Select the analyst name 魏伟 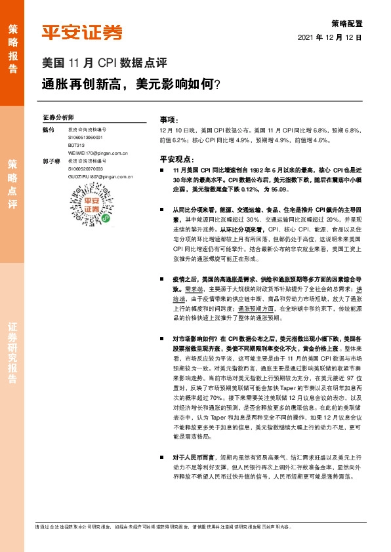(47, 130)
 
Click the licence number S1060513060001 (85, 138)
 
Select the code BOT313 (76, 145)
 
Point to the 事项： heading (169, 121)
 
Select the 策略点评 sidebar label (12, 183)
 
